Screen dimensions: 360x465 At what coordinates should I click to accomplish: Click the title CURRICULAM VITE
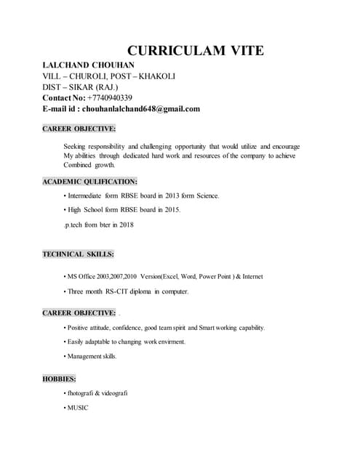(x=195, y=51)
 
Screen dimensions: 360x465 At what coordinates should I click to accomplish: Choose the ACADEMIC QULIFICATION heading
(x=89, y=182)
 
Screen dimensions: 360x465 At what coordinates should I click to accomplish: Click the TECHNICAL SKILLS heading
(x=78, y=254)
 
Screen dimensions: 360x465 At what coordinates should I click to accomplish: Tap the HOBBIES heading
(x=59, y=379)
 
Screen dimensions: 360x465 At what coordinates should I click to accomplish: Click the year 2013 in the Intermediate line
(x=163, y=195)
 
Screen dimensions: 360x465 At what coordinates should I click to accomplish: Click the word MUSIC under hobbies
(x=78, y=408)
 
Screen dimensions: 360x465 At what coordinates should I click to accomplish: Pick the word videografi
(x=113, y=393)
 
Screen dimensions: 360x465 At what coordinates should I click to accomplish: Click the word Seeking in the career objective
(x=76, y=146)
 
